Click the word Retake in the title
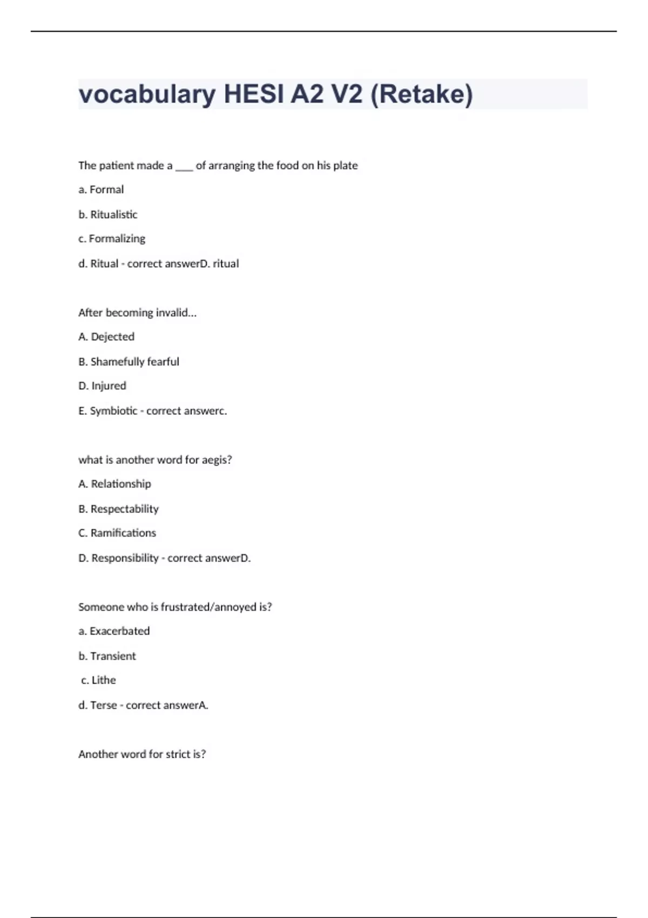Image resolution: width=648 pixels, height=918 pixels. pyautogui.click(x=421, y=94)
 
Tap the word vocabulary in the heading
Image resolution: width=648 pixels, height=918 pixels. pyautogui.click(x=146, y=94)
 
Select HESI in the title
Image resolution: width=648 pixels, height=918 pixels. pyautogui.click(x=254, y=94)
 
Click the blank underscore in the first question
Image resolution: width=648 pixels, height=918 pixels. pyautogui.click(x=184, y=167)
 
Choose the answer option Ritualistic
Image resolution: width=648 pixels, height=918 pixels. pyautogui.click(x=113, y=214)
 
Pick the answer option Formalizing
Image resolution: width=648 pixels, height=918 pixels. pyautogui.click(x=117, y=239)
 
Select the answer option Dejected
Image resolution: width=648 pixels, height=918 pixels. pyautogui.click(x=112, y=337)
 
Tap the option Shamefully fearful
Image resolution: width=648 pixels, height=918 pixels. pyautogui.click(x=134, y=362)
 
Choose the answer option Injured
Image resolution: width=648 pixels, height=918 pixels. pyautogui.click(x=109, y=386)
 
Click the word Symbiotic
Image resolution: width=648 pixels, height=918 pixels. pyautogui.click(x=113, y=411)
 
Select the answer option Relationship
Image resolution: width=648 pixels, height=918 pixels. pyautogui.click(x=121, y=484)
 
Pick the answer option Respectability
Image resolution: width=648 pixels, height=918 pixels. pyautogui.click(x=124, y=509)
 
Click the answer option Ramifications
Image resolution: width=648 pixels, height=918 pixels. pyautogui.click(x=123, y=533)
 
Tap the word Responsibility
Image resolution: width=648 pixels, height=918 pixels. pyautogui.click(x=125, y=558)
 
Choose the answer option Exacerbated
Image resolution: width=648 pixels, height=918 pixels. pyautogui.click(x=119, y=631)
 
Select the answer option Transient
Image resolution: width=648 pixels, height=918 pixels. pyautogui.click(x=113, y=656)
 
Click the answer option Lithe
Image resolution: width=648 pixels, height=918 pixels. pyautogui.click(x=104, y=680)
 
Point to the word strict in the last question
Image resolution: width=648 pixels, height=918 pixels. pyautogui.click(x=178, y=754)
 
